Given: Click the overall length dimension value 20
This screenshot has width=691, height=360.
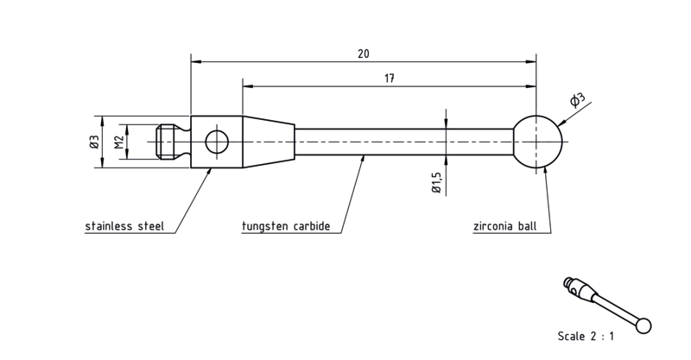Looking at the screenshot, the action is (x=364, y=54).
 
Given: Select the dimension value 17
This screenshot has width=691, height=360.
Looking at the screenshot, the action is (x=390, y=79).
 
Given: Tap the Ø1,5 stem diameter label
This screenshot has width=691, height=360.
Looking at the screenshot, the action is (x=436, y=182).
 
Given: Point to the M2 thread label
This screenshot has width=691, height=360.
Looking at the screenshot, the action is (x=118, y=142).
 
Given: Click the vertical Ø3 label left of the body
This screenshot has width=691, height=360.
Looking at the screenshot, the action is (x=94, y=142).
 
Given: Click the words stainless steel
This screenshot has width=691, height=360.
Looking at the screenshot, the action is (x=124, y=226).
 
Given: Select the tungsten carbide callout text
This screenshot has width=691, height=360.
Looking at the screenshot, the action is (x=286, y=226).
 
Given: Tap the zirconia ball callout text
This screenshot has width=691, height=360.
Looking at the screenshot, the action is (x=505, y=226).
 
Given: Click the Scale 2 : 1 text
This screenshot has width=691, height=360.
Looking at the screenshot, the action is (x=586, y=336).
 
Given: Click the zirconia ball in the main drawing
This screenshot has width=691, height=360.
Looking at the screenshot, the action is (x=538, y=142).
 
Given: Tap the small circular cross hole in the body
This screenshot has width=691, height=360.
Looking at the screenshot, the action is (x=217, y=142).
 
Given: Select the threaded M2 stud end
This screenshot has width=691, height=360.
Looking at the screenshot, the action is (x=168, y=142).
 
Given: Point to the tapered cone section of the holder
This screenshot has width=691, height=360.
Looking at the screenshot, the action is (x=269, y=142).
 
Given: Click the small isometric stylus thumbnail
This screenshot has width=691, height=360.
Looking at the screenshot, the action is (x=607, y=305).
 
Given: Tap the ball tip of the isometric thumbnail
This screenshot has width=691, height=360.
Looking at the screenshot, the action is (x=643, y=325).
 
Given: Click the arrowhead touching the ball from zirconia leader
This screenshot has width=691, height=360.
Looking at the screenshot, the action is (x=545, y=171).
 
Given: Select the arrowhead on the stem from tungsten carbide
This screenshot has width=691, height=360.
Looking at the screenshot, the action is (x=363, y=159).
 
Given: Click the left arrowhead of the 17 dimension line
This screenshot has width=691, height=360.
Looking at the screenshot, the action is (x=248, y=86).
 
